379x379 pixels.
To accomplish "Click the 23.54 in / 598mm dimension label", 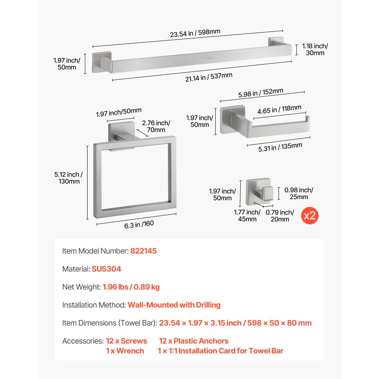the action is pyautogui.click(x=195, y=33).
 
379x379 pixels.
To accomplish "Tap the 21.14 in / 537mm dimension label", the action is pyautogui.click(x=209, y=77).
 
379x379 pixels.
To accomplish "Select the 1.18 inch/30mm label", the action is pyautogui.click(x=315, y=49).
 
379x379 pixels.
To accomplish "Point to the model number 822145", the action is pyautogui.click(x=144, y=251).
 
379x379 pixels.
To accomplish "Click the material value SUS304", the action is pyautogui.click(x=106, y=269).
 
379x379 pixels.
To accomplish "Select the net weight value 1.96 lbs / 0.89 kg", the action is pyautogui.click(x=131, y=287).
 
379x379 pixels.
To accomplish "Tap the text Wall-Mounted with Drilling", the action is pyautogui.click(x=174, y=305).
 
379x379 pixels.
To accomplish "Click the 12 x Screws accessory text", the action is pyautogui.click(x=127, y=341).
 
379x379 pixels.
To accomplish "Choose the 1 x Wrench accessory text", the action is pyautogui.click(x=125, y=351).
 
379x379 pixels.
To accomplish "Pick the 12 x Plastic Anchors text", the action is pyautogui.click(x=194, y=341).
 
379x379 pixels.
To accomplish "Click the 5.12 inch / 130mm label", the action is pyautogui.click(x=69, y=178).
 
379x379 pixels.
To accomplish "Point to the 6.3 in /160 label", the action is pyautogui.click(x=139, y=224).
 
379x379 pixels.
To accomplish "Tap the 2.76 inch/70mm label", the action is pyautogui.click(x=156, y=126).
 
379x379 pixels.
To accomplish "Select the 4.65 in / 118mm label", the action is pyautogui.click(x=279, y=110).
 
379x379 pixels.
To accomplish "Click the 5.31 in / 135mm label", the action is pyautogui.click(x=280, y=147).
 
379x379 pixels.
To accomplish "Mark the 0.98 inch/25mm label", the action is pyautogui.click(x=299, y=193).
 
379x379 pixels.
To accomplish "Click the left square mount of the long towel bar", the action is pyautogui.click(x=102, y=62).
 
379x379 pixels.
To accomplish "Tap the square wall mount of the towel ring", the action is pyautogui.click(x=121, y=132).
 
